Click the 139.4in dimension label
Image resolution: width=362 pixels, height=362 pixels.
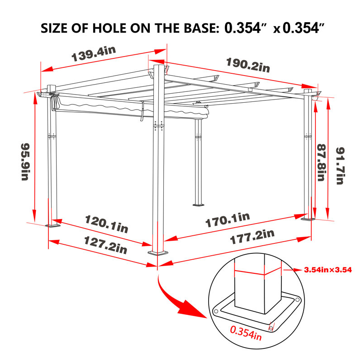(x=94, y=53)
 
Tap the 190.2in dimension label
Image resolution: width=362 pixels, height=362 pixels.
(x=248, y=65)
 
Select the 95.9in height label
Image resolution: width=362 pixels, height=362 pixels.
(x=25, y=162)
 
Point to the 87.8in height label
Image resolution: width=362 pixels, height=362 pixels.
(x=321, y=162)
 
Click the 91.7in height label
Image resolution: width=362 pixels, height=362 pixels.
(x=340, y=166)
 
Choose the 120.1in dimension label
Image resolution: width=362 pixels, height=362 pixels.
(x=106, y=224)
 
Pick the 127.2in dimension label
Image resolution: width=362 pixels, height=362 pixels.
(x=105, y=245)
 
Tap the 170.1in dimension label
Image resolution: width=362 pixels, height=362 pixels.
(x=228, y=220)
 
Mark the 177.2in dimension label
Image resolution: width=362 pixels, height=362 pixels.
(x=252, y=237)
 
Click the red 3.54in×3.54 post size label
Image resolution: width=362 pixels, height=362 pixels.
(x=328, y=270)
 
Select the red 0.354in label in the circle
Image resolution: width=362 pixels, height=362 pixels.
(x=246, y=333)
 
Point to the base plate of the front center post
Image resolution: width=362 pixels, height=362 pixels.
(x=158, y=253)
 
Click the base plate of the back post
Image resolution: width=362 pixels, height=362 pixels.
(x=198, y=205)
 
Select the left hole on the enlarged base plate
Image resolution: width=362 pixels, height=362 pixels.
(x=216, y=311)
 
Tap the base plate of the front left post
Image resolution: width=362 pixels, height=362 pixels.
(x=53, y=225)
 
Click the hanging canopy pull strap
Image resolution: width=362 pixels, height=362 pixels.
(x=142, y=110)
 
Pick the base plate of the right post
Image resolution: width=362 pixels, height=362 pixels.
(x=308, y=219)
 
